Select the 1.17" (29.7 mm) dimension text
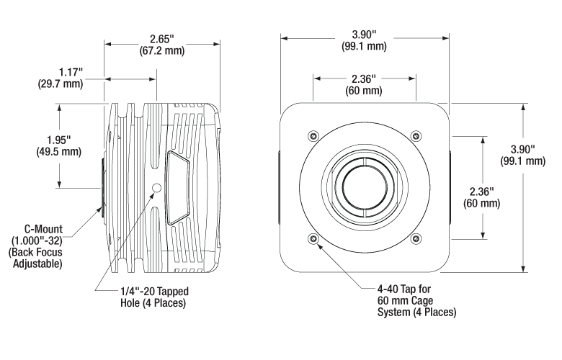[x=60, y=78]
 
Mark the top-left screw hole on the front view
[x=312, y=136]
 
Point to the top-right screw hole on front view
[x=415, y=136]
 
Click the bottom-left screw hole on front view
[x=312, y=239]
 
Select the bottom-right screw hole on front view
[x=415, y=239]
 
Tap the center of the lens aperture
[x=364, y=187]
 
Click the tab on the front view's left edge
[x=279, y=187]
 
